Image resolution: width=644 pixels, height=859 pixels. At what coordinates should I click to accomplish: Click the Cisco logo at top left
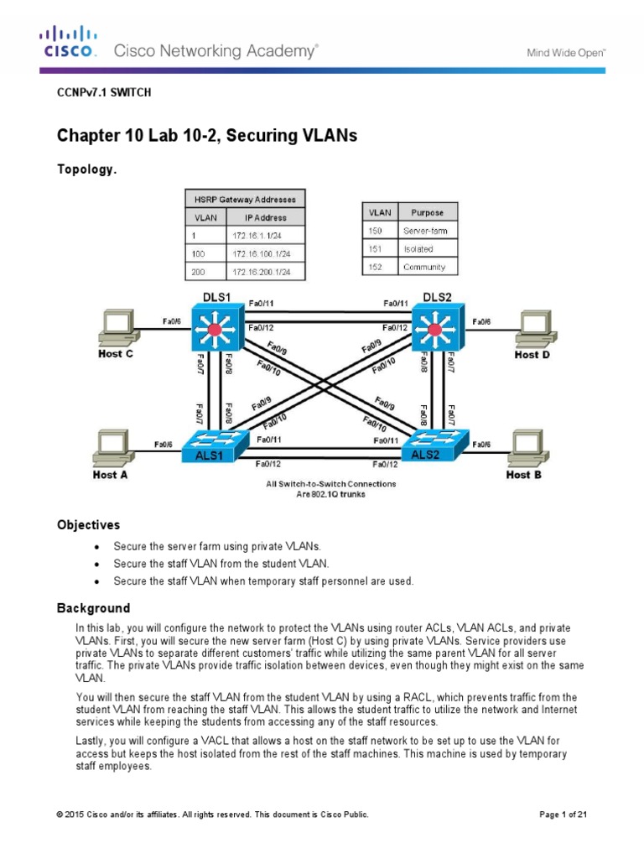[x=70, y=43]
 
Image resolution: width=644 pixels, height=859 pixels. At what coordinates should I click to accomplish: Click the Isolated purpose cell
[x=428, y=248]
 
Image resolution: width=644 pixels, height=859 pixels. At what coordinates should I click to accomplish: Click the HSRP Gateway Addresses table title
[x=244, y=198]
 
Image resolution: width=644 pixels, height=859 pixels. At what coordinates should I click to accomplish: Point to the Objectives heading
[x=88, y=525]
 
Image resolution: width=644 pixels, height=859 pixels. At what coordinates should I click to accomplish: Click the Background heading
[x=93, y=607]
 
